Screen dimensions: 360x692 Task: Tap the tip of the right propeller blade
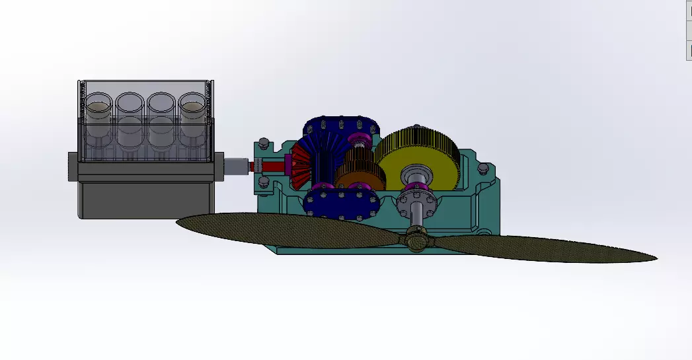(x=651, y=256)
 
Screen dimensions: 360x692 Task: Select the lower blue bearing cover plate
(x=344, y=202)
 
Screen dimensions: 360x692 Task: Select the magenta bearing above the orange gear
(x=361, y=139)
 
